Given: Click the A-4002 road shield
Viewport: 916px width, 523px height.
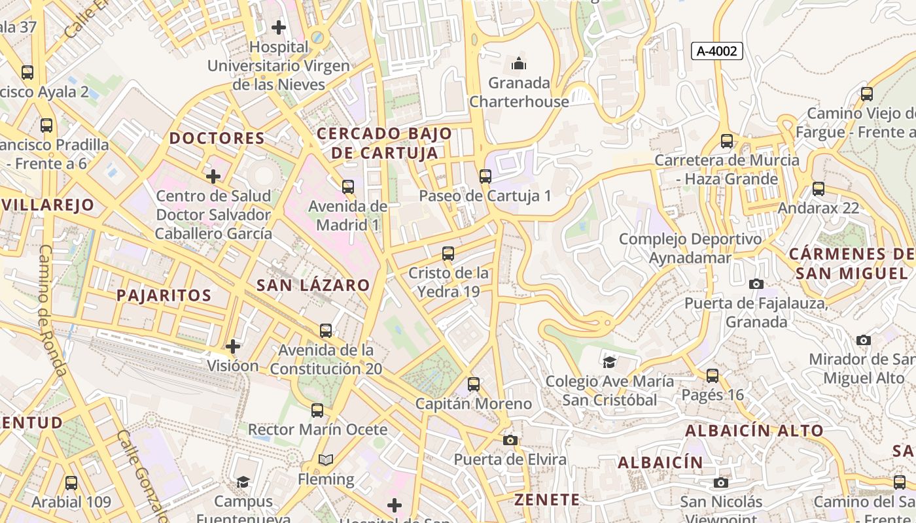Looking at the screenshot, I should (x=717, y=51).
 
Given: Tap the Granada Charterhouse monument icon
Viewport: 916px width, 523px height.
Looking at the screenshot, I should (x=519, y=63).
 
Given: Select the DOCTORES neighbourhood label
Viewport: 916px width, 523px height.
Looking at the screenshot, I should (x=217, y=138).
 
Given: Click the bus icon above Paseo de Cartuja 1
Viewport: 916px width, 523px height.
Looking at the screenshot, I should (x=485, y=176).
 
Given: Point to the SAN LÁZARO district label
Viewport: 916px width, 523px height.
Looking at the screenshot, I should (x=313, y=285).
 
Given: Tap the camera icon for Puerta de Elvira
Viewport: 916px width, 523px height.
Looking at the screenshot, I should (x=510, y=440).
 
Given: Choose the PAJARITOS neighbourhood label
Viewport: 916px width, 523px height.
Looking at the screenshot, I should (x=164, y=295).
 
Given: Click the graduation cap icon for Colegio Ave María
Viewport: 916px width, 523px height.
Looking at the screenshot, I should (x=609, y=362).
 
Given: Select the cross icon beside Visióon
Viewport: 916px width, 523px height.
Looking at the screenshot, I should (x=232, y=346).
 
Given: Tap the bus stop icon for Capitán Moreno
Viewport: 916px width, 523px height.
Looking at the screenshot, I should (x=474, y=384).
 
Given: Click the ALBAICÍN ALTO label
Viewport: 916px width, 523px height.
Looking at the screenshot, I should (x=754, y=431).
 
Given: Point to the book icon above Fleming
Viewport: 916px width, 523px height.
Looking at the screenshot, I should (x=326, y=460).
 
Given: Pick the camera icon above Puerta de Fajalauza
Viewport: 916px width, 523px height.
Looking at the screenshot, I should (x=756, y=284).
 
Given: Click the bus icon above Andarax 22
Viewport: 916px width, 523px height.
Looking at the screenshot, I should (x=819, y=189).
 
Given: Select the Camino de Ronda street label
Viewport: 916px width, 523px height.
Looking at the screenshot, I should (x=52, y=311).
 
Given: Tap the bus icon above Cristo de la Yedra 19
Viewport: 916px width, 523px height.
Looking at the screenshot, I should (x=448, y=253).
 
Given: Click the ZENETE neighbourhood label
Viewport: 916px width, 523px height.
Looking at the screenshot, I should (x=547, y=500).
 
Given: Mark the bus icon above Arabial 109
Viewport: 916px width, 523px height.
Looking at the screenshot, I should (x=71, y=483).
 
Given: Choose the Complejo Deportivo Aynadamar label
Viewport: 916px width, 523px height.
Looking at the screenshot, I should (x=690, y=248).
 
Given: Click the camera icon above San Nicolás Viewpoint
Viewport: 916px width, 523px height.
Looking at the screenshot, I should (x=721, y=482).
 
